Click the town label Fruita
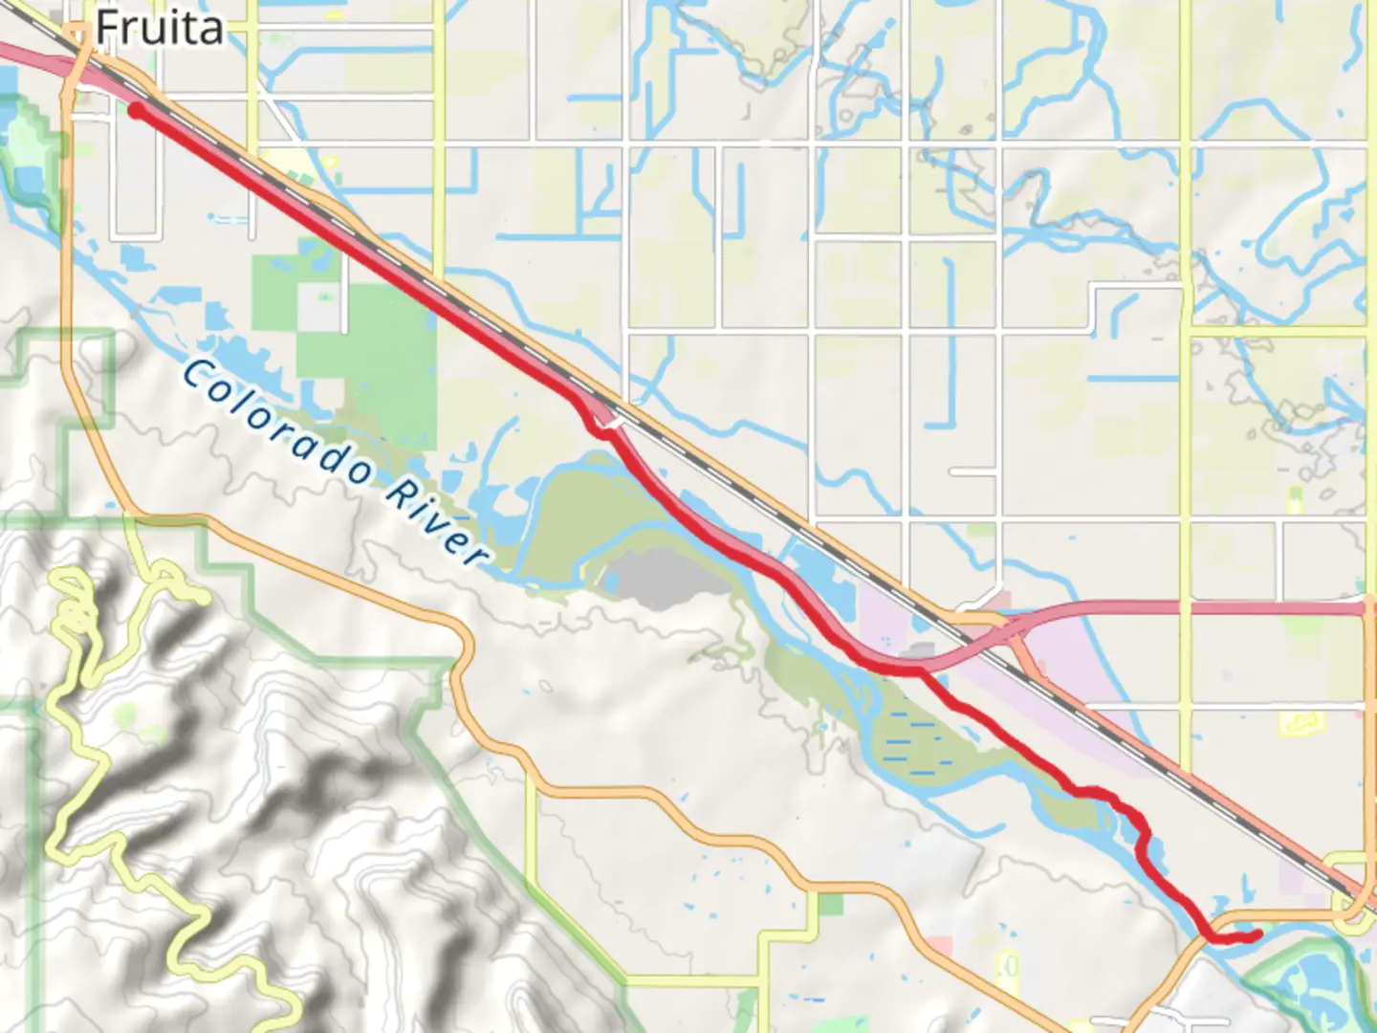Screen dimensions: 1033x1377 pos(159,29)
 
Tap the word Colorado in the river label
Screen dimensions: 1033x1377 pos(277,421)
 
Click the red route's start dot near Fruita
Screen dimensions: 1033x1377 pos(137,111)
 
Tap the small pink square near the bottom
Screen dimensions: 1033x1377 pos(941,946)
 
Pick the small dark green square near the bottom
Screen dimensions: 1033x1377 pos(830,904)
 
